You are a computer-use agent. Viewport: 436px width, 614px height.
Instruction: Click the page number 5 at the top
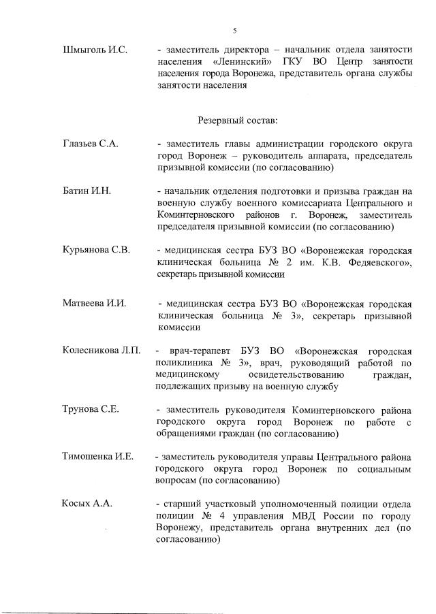[x=234, y=31]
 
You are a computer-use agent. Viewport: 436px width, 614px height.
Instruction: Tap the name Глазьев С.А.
[x=91, y=144]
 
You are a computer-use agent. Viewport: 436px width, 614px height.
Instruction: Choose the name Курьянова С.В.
[x=96, y=249]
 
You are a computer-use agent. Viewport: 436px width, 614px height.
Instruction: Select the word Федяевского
[x=379, y=261]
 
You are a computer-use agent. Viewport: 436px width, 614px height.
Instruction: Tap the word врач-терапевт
[x=198, y=350]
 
